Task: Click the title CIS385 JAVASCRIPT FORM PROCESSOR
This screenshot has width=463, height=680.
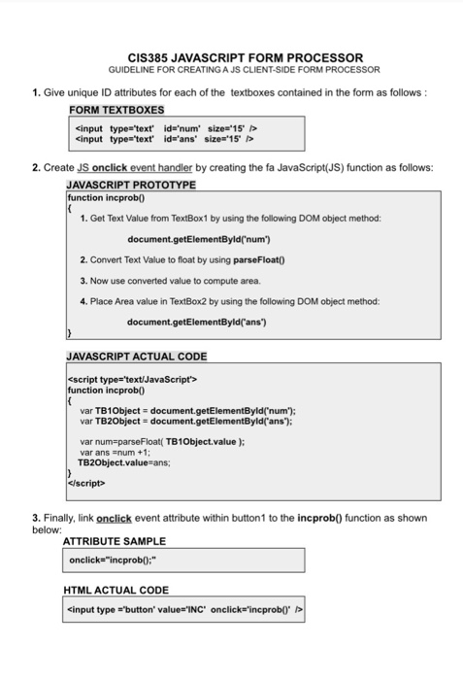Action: [x=231, y=58]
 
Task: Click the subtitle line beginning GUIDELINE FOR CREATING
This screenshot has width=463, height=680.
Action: [x=231, y=71]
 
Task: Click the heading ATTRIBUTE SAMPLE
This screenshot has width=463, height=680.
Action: [x=114, y=541]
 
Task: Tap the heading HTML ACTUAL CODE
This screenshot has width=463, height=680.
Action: [x=116, y=590]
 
